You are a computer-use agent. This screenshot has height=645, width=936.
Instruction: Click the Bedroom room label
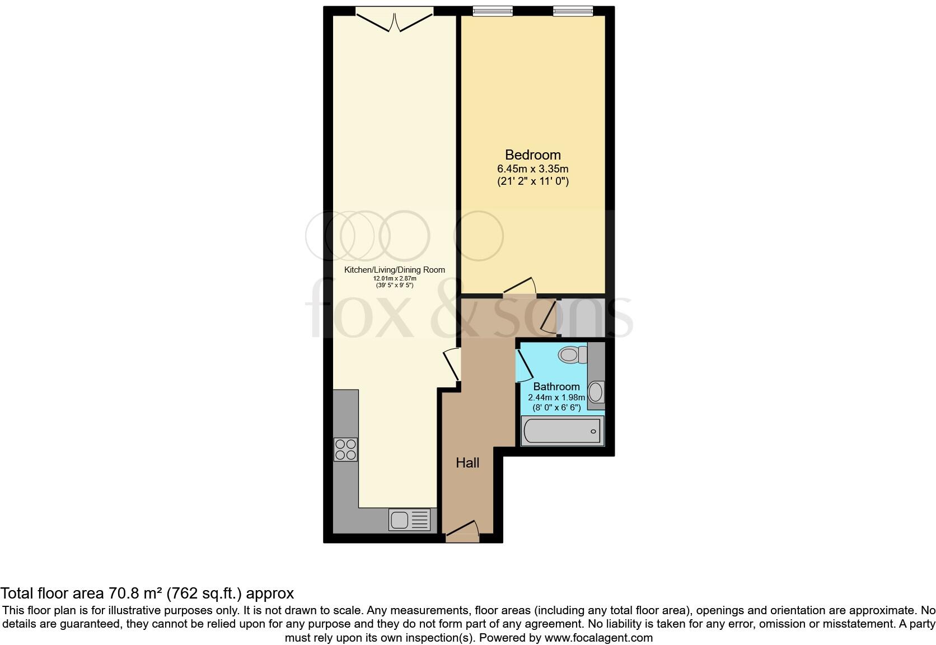(x=532, y=155)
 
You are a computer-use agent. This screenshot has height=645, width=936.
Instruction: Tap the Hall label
(x=467, y=463)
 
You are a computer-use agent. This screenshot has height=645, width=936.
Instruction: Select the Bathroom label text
(x=556, y=386)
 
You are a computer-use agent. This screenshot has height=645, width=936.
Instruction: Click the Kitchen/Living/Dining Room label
(x=394, y=270)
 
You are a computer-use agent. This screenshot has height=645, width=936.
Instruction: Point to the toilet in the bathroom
(x=572, y=354)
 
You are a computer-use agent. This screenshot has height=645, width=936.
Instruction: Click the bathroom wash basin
(x=596, y=392)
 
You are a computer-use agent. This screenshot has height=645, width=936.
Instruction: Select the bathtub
(x=562, y=431)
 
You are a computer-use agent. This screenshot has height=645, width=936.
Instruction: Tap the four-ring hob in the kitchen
(x=345, y=450)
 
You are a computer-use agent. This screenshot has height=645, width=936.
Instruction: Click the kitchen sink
(x=409, y=520)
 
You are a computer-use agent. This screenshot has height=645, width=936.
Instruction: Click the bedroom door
(x=520, y=286)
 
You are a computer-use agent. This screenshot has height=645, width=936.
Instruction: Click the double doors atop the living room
(x=394, y=20)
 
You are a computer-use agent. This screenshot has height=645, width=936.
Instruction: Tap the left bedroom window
(x=493, y=11)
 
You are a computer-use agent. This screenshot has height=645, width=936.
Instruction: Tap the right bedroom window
(x=573, y=11)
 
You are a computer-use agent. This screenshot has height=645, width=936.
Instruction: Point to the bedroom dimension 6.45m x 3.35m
(x=532, y=169)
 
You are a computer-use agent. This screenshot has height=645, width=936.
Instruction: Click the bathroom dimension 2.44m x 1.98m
(x=556, y=398)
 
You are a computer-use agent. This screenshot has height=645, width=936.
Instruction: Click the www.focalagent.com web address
(x=598, y=638)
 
